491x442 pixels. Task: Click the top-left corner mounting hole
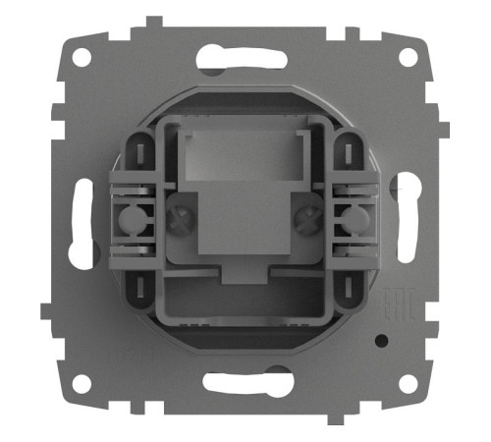(81, 56)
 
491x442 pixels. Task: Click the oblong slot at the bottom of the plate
(243, 381)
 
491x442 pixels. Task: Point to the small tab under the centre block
(243, 271)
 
